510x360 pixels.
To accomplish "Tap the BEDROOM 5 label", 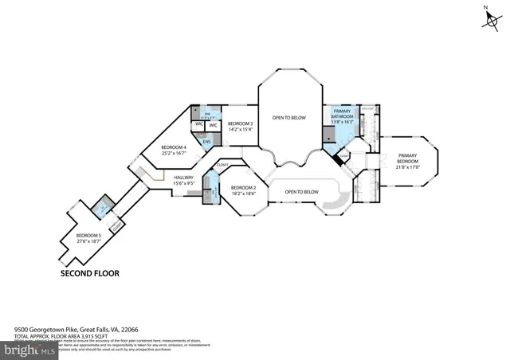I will (88, 235).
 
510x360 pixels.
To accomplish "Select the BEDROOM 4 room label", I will (174, 147).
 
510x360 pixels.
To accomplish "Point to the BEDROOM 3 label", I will (240, 123).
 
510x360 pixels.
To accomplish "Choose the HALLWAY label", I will (184, 178).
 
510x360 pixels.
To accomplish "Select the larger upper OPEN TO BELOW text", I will (289, 118).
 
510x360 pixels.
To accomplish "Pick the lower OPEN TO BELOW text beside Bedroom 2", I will (302, 192).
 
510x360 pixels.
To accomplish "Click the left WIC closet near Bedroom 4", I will (198, 125).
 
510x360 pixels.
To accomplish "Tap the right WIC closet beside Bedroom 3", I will (214, 125).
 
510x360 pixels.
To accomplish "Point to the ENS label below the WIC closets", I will (206, 142).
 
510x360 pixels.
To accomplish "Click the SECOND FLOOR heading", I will (90, 273).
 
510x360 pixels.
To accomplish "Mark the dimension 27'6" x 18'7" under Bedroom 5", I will (88, 241).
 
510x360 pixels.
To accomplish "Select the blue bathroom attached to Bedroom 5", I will (101, 210).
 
